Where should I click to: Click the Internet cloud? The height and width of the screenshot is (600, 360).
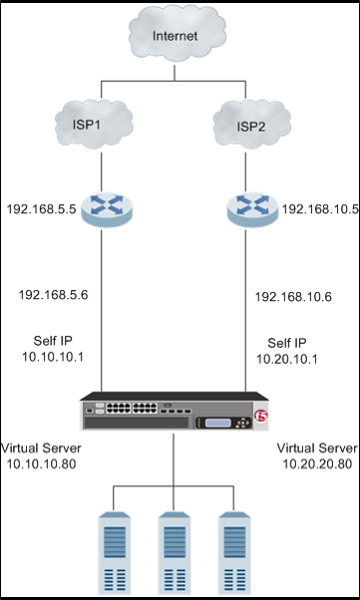(180, 39)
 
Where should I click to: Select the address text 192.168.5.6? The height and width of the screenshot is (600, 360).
(55, 295)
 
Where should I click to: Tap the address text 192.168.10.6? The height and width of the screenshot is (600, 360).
(293, 297)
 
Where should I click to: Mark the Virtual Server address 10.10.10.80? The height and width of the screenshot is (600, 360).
(41, 463)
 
